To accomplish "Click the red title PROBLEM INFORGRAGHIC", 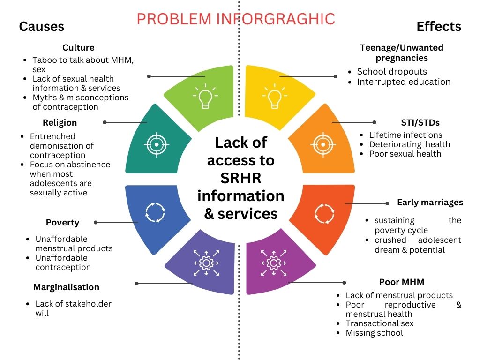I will pos(236,19).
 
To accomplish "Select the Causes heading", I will pos(41,26).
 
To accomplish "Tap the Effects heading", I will pos(439,26).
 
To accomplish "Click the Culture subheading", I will pos(78,48).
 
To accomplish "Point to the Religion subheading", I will pos(60,123).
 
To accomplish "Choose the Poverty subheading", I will pos(62,223).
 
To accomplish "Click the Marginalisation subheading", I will pos(66,287).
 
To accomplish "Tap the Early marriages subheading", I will pos(430,202).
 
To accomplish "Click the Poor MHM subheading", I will pos(402,282).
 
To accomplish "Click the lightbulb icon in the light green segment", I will pos(204,96).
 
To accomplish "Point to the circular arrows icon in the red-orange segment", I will pos(324,213).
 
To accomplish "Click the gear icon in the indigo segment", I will pos(206,262).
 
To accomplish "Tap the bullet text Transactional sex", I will pos(380,323).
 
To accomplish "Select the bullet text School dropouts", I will pos(392,72).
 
